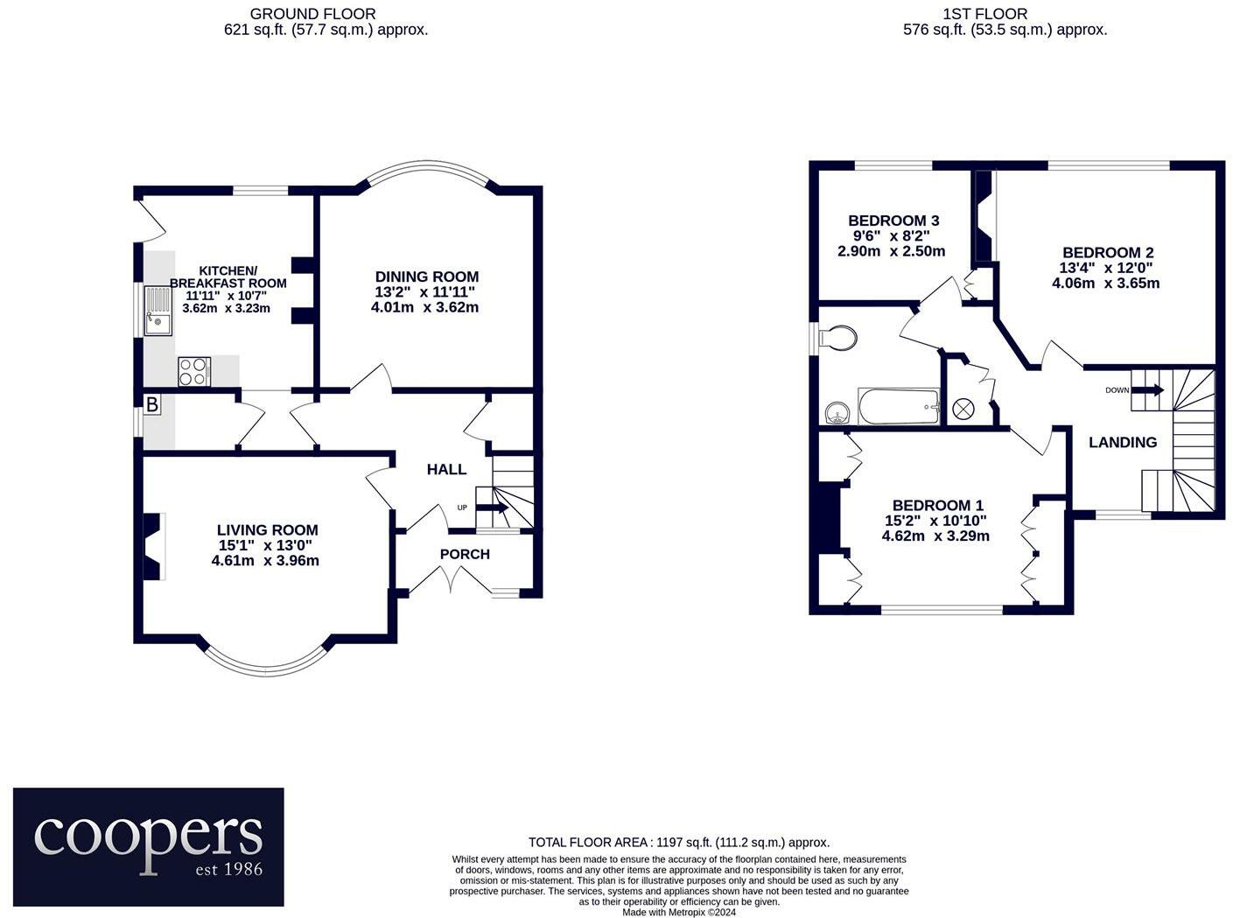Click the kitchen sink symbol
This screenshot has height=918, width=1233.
159,311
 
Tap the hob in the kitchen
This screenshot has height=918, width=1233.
193,371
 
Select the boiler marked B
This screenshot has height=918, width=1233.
152,405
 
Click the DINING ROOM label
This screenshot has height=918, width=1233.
426,277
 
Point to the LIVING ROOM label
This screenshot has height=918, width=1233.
267,529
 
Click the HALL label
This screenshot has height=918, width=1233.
446,470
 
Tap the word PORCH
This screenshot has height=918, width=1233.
465,554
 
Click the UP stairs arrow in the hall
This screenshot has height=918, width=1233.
491,508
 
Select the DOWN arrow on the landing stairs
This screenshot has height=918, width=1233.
1147,390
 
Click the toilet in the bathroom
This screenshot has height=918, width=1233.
837,338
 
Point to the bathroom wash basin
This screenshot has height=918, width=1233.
837,411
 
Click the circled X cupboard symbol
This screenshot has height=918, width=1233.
963,408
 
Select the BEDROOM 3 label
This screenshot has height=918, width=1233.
893,221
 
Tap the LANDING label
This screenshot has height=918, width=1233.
1122,442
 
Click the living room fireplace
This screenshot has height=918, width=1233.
155,547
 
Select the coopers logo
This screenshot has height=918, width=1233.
149,846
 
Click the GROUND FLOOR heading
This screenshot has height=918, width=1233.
312,14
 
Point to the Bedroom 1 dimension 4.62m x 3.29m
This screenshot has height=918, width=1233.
935,535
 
